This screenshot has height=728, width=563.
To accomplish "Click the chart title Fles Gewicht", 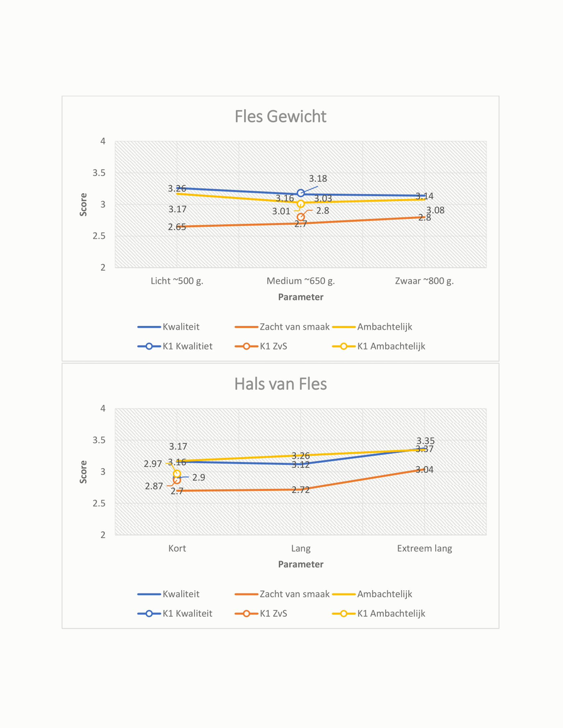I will tap(281, 116).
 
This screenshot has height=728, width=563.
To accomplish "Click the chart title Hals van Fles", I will tap(281, 384).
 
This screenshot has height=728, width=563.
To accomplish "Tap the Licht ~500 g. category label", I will tap(177, 281).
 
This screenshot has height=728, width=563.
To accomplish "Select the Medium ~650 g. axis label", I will tap(300, 281).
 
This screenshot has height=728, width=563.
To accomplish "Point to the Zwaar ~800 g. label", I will tap(424, 281).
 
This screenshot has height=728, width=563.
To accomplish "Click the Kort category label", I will tap(177, 548).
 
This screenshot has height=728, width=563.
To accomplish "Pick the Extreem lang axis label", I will tap(424, 548).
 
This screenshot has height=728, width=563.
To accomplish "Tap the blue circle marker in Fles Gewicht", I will tap(300, 193).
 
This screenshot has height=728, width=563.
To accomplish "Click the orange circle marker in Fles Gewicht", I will tap(300, 217).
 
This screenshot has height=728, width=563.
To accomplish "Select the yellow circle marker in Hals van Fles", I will tap(177, 474).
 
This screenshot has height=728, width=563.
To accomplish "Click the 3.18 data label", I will tap(318, 179).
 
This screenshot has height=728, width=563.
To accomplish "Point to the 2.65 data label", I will tap(177, 227).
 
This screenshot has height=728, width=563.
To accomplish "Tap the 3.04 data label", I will tap(424, 470).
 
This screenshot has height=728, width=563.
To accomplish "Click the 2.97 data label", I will tap(153, 464).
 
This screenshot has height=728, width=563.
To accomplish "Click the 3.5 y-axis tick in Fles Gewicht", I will tap(99, 173).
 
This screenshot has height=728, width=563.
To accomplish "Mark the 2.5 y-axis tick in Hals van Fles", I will tap(99, 503).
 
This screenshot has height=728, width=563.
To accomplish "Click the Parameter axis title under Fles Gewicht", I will tap(300, 297).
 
